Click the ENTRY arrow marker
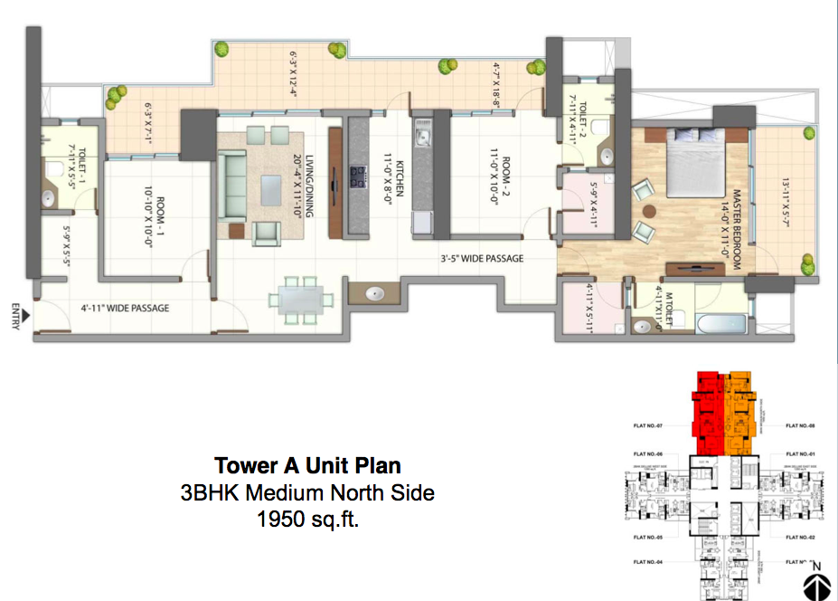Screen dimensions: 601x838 coord(27,316)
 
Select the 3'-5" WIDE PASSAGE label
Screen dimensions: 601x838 coord(482,259)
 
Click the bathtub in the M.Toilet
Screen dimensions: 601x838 coord(720,323)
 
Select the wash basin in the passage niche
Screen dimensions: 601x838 coord(374,294)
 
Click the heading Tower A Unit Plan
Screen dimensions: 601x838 coord(307,465)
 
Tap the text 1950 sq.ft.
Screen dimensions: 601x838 coord(307,520)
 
